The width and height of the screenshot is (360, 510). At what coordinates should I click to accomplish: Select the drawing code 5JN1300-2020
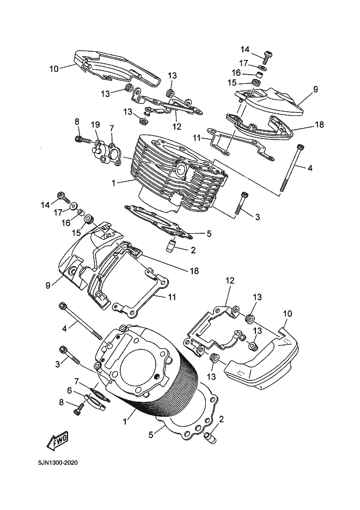pos(58,463)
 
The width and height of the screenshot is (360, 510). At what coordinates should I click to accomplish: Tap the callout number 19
pos(95,125)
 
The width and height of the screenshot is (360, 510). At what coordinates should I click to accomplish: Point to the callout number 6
pos(69,390)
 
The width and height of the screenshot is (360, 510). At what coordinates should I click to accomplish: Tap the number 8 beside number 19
pos(77,122)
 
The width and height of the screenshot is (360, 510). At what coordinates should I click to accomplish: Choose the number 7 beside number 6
pos(76,380)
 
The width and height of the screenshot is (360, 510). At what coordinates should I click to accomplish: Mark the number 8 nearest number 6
pos(62,402)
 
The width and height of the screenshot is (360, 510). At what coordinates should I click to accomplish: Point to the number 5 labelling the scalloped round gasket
pos(150,435)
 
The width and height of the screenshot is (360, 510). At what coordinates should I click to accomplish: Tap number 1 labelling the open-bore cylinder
pos(125,422)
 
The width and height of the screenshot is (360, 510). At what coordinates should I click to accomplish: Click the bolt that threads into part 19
pos(83,140)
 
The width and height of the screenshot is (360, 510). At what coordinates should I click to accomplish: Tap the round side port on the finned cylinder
pos(180,170)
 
